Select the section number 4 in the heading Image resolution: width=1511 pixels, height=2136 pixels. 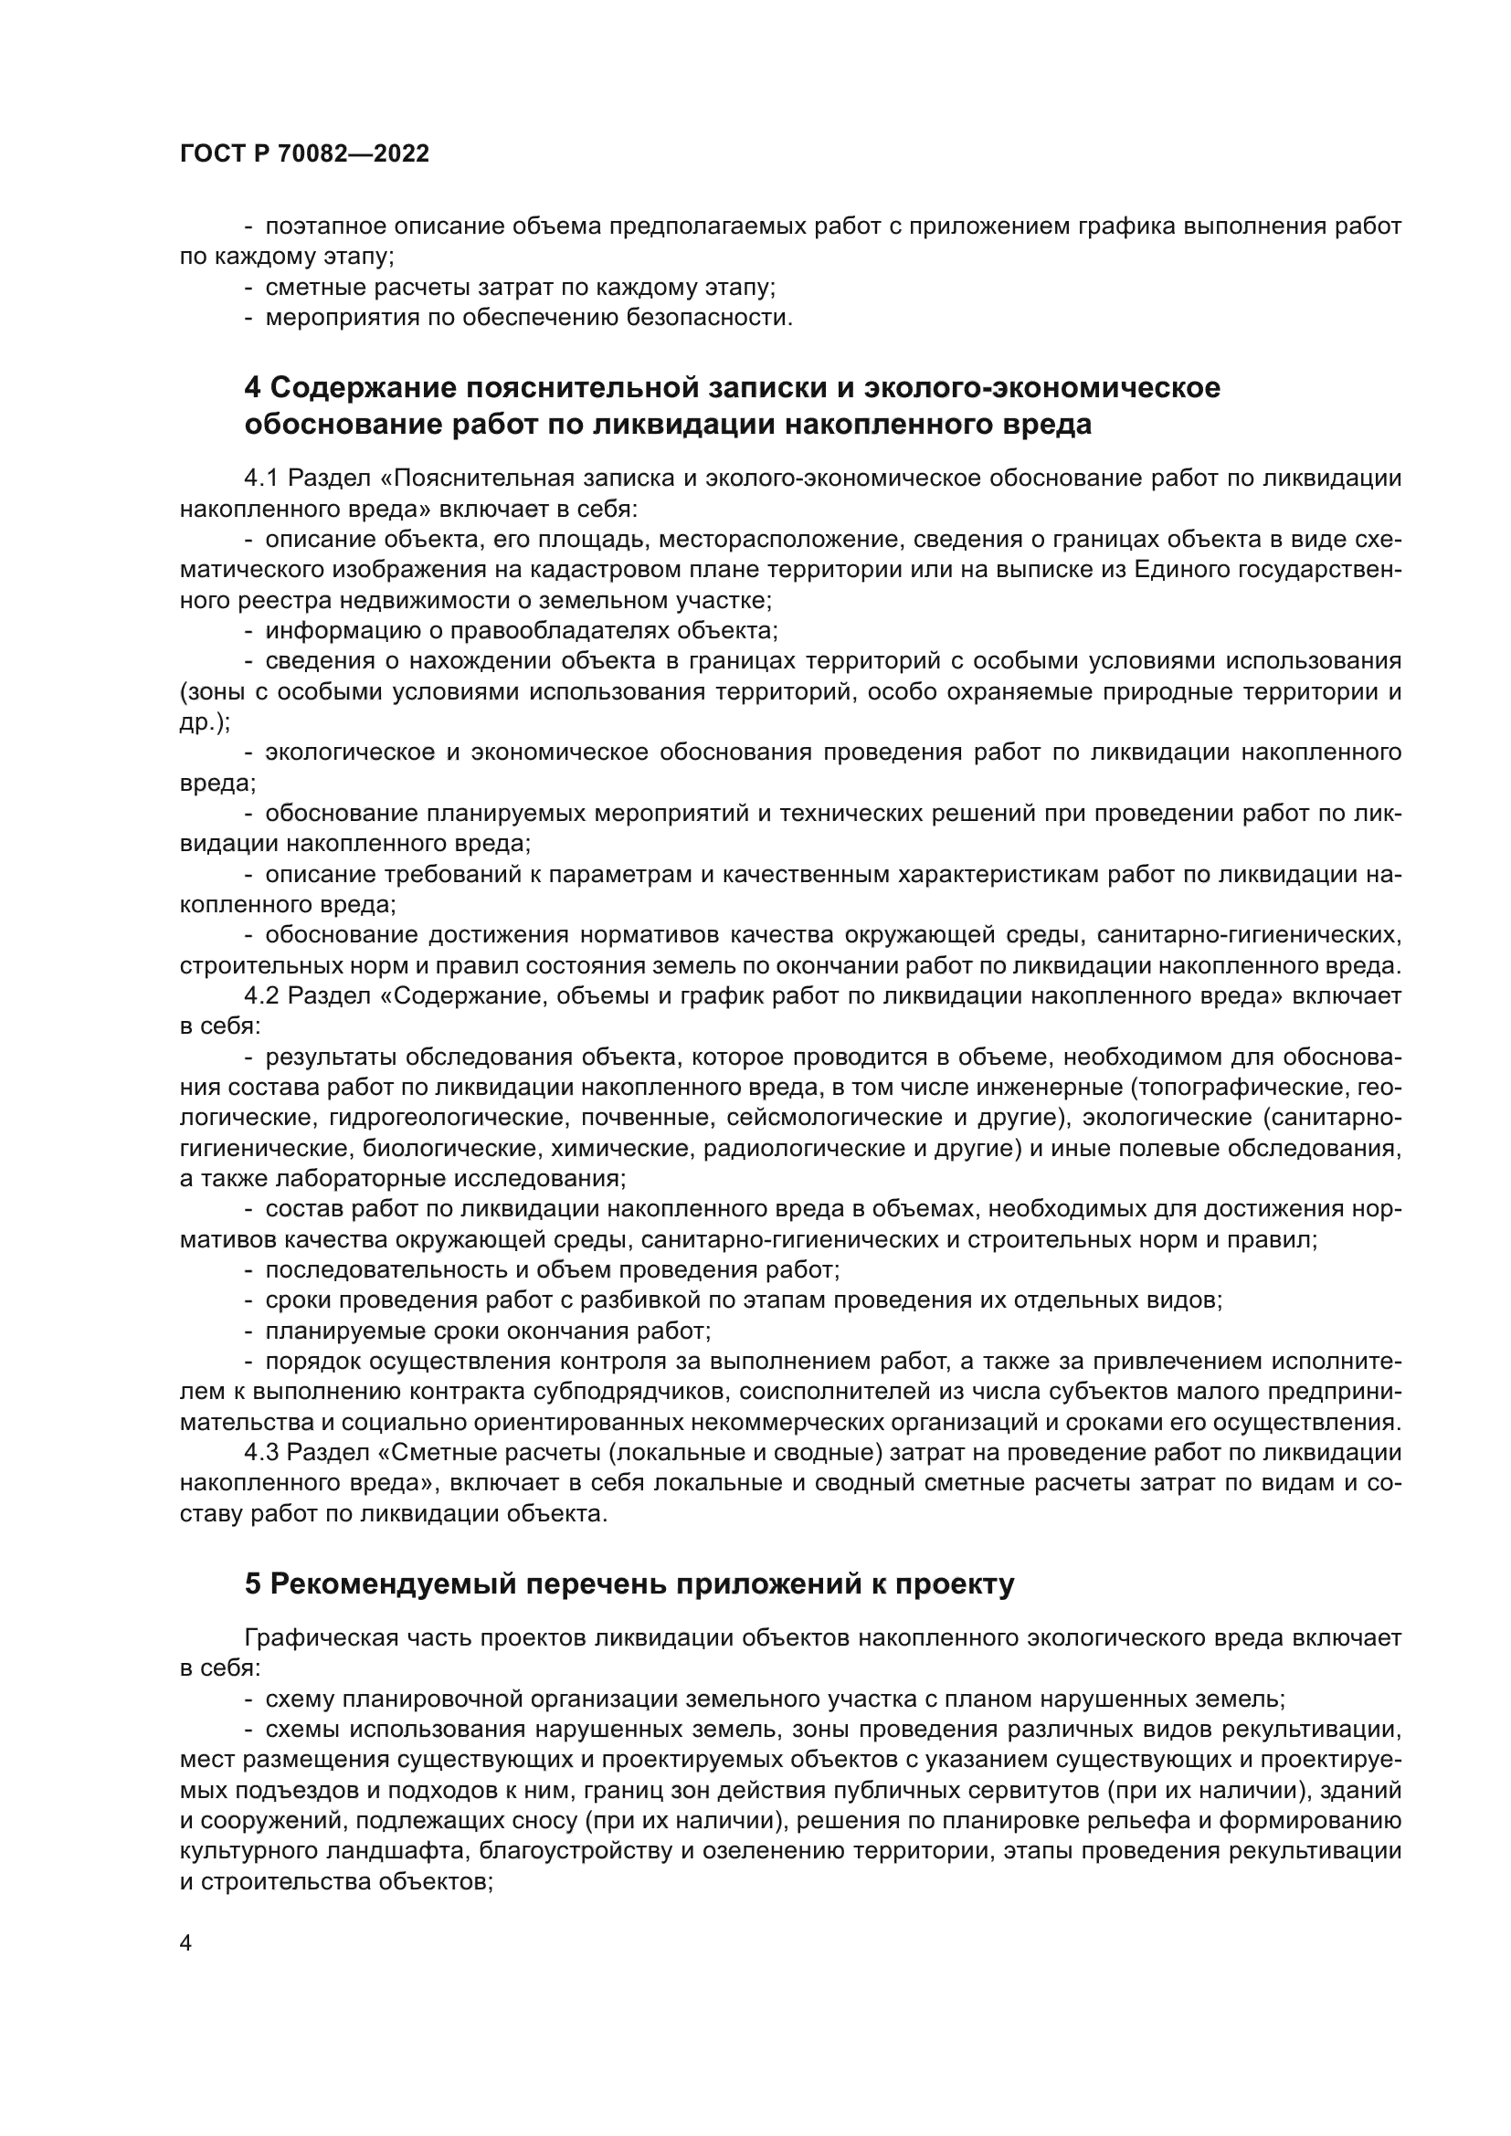252,387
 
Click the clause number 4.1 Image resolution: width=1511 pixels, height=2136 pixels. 261,479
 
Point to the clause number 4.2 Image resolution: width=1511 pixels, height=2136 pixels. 261,995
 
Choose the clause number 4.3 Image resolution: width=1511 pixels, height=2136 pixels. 261,1451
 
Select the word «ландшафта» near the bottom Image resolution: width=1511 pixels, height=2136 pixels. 407,1850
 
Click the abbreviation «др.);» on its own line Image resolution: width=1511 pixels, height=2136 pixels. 205,722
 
